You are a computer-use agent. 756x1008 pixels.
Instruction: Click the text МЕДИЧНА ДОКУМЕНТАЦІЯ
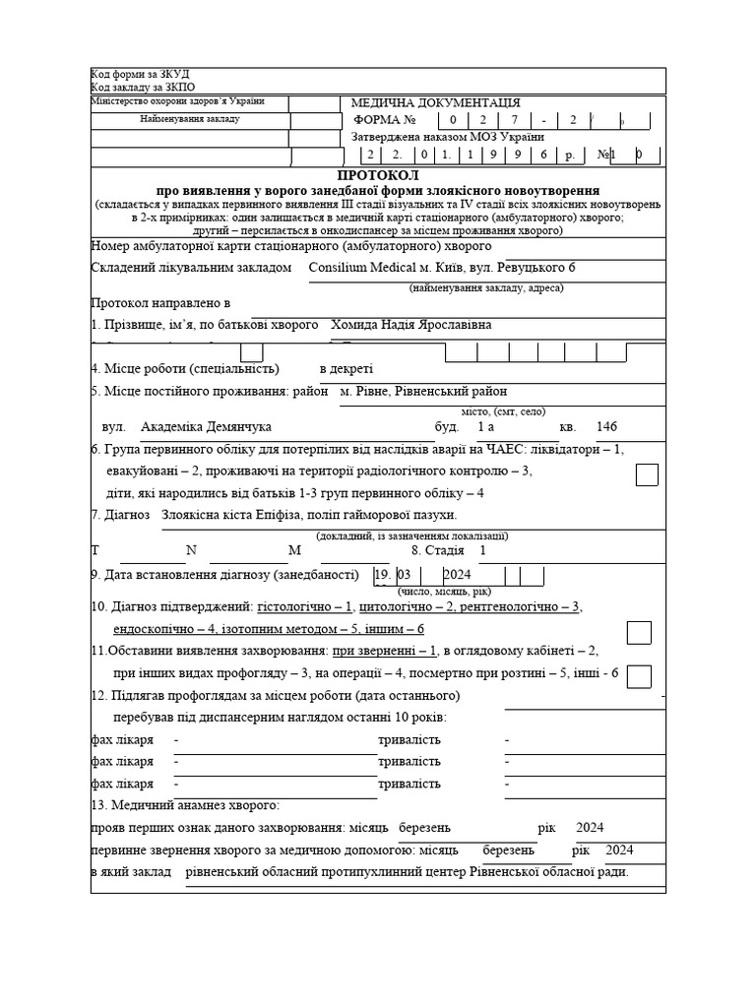[436, 102]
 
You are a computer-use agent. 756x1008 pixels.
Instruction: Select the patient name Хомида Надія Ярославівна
[411, 325]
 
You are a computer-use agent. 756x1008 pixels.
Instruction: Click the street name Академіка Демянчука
[206, 427]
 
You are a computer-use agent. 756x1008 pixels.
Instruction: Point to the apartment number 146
[607, 427]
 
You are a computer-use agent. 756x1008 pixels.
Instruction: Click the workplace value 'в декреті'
[346, 369]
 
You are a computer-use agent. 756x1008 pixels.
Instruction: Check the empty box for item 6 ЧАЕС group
[647, 474]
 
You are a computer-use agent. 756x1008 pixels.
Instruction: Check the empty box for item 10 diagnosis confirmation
[639, 632]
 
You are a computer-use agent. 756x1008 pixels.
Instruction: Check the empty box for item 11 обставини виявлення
[639, 676]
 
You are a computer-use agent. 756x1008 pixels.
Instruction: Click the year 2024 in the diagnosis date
[458, 575]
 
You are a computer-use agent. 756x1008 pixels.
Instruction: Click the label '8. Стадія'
[437, 551]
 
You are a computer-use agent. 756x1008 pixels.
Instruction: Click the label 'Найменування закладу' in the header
[190, 119]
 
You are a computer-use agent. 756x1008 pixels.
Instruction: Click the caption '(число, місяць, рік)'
[444, 592]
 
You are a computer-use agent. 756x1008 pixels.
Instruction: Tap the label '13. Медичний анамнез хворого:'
[185, 805]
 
